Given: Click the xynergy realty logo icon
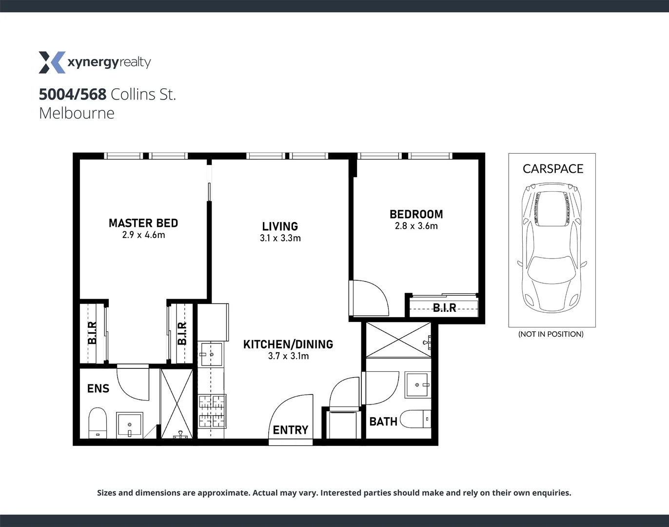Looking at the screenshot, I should click(x=52, y=62).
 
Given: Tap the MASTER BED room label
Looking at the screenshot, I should click(x=143, y=223).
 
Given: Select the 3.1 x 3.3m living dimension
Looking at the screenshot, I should click(x=280, y=238).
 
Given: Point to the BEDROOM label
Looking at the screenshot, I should click(x=416, y=214).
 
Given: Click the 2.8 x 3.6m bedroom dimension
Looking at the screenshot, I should click(x=416, y=226).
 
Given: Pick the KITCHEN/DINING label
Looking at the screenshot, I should click(x=288, y=344).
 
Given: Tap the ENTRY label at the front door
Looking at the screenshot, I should click(x=290, y=430).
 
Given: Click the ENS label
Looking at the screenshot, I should click(x=98, y=388).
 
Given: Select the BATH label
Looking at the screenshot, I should click(x=383, y=422).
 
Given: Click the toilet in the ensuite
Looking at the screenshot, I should click(x=98, y=424).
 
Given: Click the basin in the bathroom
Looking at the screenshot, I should click(x=418, y=385).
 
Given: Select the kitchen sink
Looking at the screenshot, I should click(x=211, y=354).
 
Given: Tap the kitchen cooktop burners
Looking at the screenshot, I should click(x=212, y=410).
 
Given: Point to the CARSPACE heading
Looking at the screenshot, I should click(x=552, y=169).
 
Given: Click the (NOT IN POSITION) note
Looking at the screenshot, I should click(x=551, y=334).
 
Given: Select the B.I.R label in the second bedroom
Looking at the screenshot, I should click(x=444, y=308).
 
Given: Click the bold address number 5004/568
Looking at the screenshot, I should click(x=73, y=94).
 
